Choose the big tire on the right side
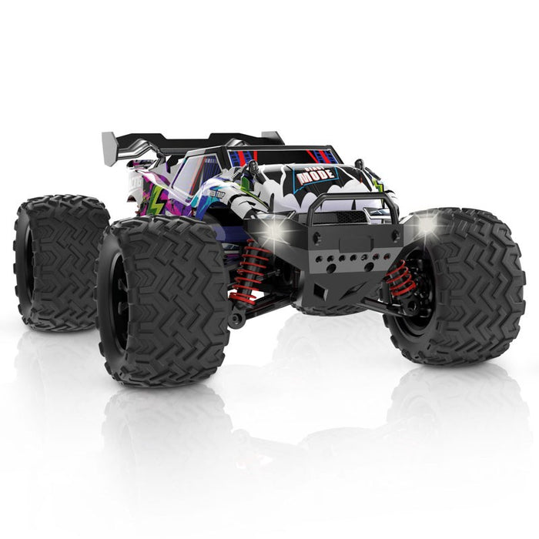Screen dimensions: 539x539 [462, 285]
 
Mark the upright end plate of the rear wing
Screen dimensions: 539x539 [109, 142]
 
